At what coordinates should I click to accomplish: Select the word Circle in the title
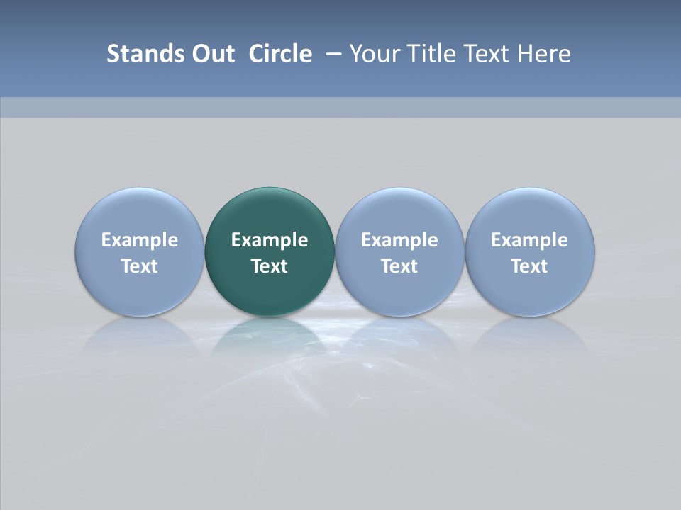coord(280,54)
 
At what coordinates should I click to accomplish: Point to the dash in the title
coord(335,55)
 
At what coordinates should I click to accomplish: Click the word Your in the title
coord(375,54)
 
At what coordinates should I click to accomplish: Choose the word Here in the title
coord(546,54)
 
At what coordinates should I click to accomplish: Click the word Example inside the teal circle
coord(270,240)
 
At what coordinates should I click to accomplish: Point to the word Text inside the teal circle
coord(270,266)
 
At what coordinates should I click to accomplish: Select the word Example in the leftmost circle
coord(140,240)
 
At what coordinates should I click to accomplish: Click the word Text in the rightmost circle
coord(530,266)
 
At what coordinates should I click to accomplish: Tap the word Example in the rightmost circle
coord(530,240)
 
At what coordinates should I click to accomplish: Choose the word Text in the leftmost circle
coord(140,266)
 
